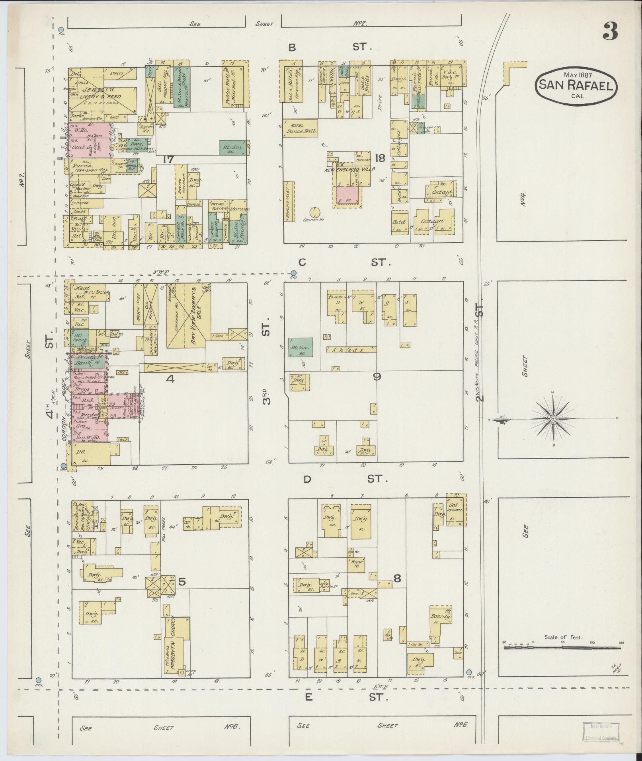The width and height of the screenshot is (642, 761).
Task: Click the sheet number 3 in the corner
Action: [x=610, y=32]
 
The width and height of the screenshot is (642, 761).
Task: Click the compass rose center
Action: [x=553, y=419]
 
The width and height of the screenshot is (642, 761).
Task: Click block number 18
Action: [x=380, y=158]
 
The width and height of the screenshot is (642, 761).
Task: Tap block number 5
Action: [x=182, y=582]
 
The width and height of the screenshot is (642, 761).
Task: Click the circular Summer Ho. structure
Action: [x=315, y=211]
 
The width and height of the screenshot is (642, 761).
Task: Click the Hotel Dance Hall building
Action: [x=300, y=128]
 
